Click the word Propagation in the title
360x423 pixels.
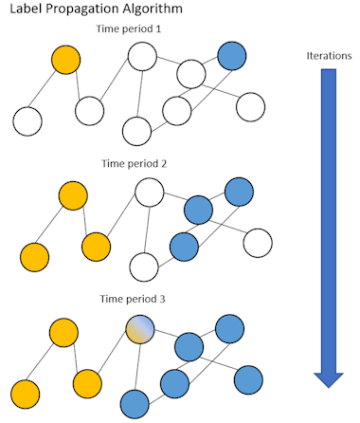click(86, 9)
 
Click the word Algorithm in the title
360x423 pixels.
click(157, 9)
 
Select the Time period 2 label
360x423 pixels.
click(135, 163)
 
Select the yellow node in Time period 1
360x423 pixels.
click(66, 60)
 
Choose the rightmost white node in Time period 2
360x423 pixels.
click(258, 243)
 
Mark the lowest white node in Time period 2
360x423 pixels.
click(143, 266)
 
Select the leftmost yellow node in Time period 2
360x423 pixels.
click(34, 256)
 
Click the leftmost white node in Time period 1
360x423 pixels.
click(27, 120)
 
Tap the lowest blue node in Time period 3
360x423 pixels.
click(135, 404)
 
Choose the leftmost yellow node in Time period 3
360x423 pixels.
click(25, 392)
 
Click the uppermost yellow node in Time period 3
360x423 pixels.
click(63, 332)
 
